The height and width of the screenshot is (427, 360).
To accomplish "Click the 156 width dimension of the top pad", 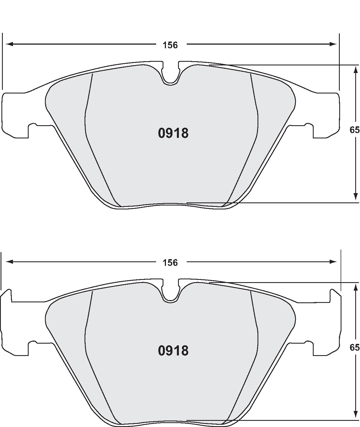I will pos(170,45).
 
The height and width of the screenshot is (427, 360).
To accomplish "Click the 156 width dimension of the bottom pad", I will pos(170,263).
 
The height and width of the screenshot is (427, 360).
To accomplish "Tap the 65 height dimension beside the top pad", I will pos(354,130).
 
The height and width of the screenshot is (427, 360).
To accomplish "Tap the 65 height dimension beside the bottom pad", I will pos(354,348).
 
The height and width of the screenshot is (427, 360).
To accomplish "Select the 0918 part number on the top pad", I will pos(173,133).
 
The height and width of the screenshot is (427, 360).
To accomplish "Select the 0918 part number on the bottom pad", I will pos(173,351).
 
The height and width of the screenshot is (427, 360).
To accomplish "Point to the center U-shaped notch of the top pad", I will pos(170,74).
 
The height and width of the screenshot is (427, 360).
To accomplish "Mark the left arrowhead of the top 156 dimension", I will pos(9,44).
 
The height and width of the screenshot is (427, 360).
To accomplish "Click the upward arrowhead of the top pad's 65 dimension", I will pos(356,69).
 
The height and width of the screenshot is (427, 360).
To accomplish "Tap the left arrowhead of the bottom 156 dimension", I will pos(9,262).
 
